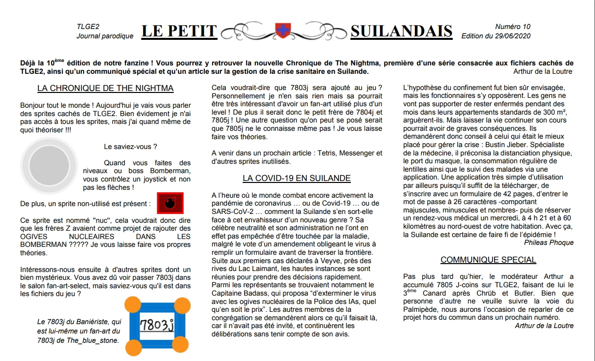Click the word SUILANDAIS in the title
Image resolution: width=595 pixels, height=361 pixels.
click(x=401, y=31)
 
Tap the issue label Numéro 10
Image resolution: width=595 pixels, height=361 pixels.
click(x=513, y=27)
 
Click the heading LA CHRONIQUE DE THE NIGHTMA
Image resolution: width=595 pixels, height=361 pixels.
click(x=105, y=89)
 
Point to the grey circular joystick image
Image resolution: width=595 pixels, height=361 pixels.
click(x=49, y=164)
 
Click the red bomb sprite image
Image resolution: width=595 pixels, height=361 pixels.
click(x=170, y=203)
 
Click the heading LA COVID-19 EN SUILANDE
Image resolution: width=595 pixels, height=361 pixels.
click(x=296, y=178)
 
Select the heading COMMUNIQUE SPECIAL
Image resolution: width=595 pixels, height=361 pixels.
click(x=488, y=260)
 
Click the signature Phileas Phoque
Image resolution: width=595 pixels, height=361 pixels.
click(x=549, y=242)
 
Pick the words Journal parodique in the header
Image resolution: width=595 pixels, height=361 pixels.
click(x=105, y=36)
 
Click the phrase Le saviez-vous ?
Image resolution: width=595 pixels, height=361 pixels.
click(x=131, y=147)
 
